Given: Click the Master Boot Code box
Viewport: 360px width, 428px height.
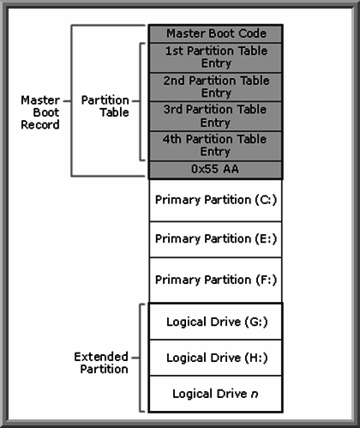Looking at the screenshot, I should pos(216,33).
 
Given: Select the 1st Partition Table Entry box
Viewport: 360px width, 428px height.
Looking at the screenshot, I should pos(216,57).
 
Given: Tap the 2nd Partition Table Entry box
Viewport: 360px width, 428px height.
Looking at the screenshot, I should pos(216,87).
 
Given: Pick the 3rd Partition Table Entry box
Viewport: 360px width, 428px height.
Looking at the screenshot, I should pos(216,116).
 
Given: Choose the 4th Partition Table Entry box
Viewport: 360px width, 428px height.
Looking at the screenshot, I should pos(216,145).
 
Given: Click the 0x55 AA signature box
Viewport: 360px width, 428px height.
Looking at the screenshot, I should pos(216,170).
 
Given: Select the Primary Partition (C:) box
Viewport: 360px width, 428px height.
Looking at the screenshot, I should pos(216,200).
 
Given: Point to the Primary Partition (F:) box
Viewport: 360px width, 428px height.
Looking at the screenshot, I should pos(216,280).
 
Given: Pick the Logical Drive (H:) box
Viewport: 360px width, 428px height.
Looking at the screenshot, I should pos(216,358).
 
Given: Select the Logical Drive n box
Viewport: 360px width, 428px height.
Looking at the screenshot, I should pos(216,394).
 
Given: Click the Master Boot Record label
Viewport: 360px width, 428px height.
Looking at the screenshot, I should pos(39,112).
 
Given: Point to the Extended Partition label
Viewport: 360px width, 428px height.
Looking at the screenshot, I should pos(100,362).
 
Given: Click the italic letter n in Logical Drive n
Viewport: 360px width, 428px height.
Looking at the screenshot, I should pos(255,394).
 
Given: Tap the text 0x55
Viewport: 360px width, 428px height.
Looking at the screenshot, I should pos(206,170).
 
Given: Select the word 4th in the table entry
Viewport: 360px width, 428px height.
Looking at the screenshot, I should pos(175,138).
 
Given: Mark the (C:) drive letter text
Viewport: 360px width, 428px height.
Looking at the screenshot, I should pos(265,200).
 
